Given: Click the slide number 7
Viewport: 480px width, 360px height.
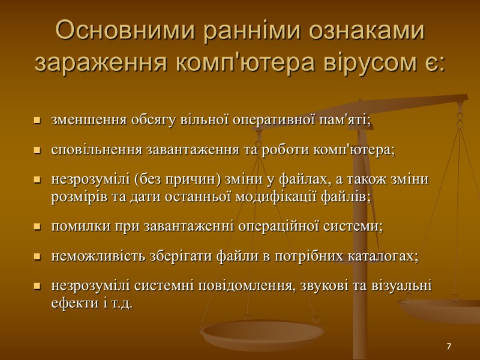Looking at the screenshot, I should (x=448, y=347).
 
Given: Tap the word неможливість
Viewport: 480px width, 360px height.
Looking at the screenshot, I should (x=90, y=256).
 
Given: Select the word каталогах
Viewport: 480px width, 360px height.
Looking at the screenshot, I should (x=383, y=256).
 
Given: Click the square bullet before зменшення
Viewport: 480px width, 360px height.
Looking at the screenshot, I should (x=37, y=121).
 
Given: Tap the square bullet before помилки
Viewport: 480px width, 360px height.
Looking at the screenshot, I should (x=37, y=227).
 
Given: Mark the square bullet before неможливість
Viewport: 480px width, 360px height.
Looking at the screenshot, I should (x=37, y=257).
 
